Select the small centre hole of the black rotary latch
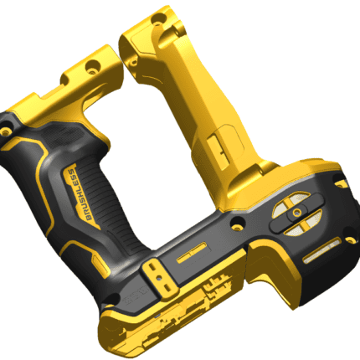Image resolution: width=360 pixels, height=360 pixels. [x=297, y=213]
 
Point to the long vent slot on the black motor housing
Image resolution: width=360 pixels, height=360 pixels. [x=321, y=250]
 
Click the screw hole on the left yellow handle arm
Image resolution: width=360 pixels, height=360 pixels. [x=93, y=67]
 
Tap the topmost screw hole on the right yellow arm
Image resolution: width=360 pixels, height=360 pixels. [x=157, y=19]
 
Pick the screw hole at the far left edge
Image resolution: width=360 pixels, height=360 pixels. [x=5, y=131]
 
